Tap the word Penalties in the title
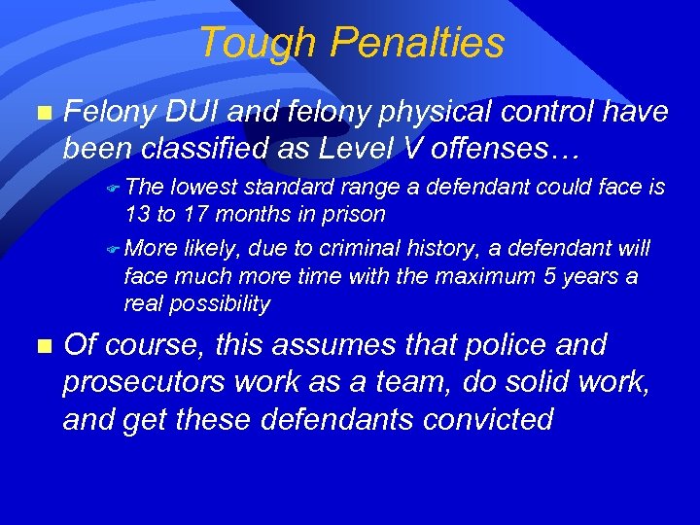pyautogui.click(x=417, y=44)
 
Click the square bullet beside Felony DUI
pyautogui.click(x=40, y=113)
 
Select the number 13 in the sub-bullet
pyautogui.click(x=136, y=214)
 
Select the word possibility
pyautogui.click(x=222, y=303)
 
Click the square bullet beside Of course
pyautogui.click(x=40, y=345)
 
